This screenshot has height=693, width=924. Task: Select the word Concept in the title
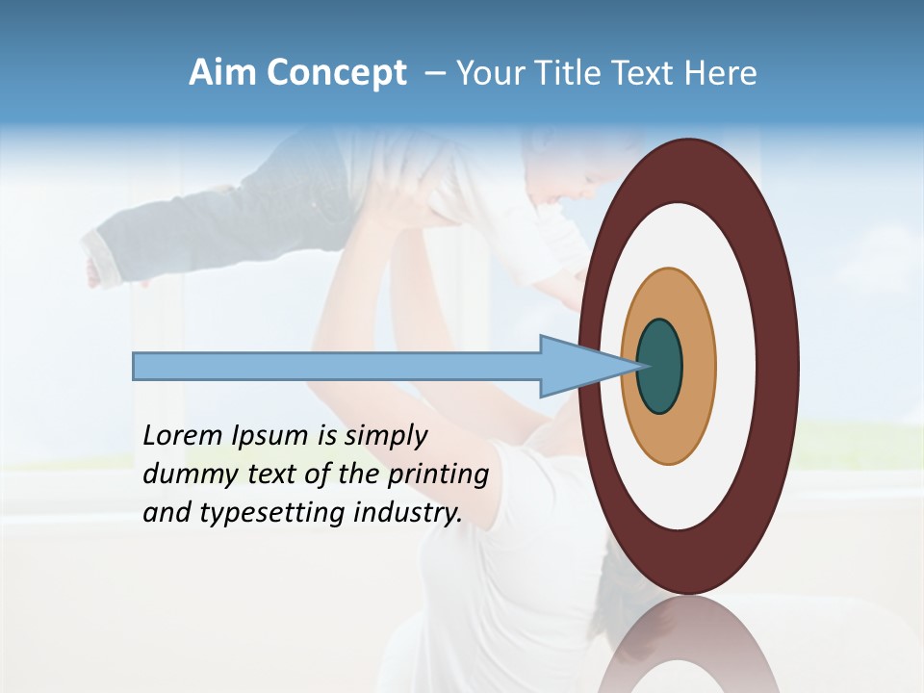click(336, 73)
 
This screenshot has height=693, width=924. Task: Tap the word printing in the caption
click(438, 475)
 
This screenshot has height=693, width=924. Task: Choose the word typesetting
click(259, 513)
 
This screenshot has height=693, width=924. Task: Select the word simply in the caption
click(385, 436)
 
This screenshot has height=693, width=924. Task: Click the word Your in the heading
click(487, 73)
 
